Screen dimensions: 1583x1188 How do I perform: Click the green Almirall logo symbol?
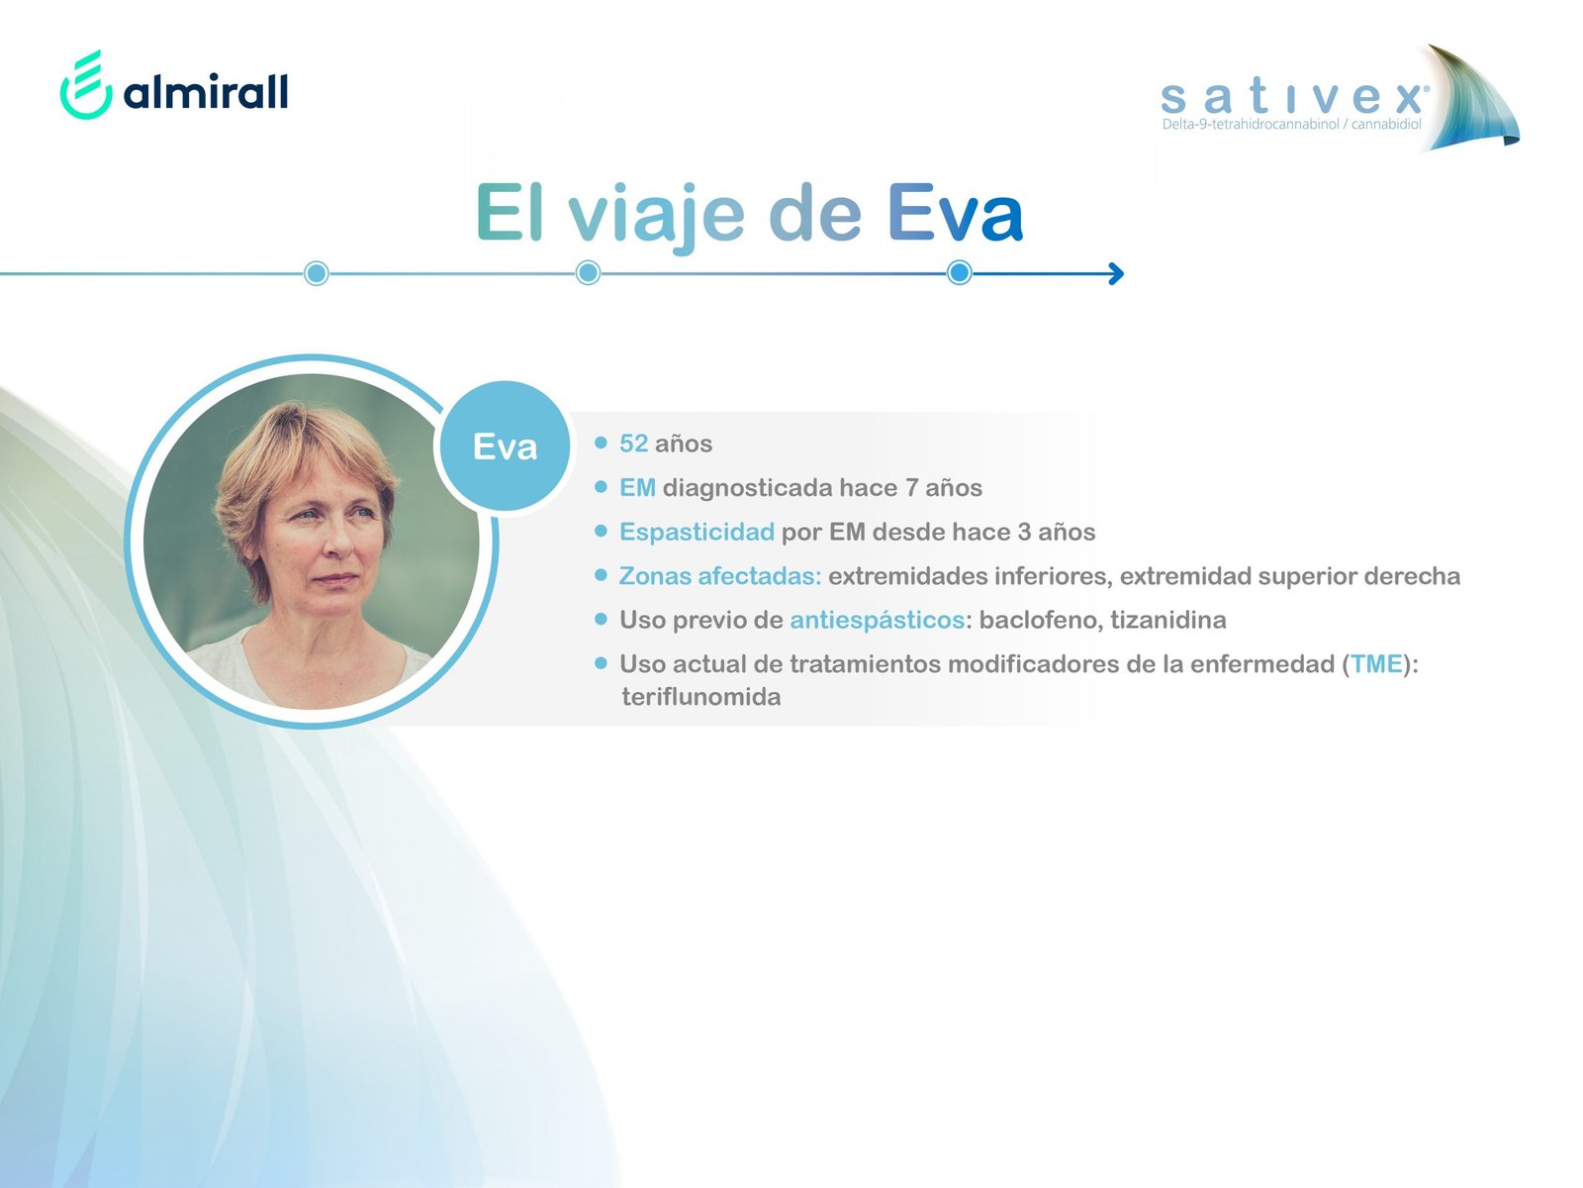[x=86, y=84]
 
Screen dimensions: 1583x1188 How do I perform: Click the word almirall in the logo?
[x=206, y=91]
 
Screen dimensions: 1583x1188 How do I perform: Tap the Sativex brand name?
[x=1294, y=97]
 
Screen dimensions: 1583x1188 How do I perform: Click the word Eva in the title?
[x=955, y=214]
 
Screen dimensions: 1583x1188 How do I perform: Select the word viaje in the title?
[x=656, y=216]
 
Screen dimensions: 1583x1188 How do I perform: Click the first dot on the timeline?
[x=316, y=273]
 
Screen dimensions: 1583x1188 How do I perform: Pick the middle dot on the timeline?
[x=589, y=272]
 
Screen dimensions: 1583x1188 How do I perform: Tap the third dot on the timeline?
[x=959, y=272]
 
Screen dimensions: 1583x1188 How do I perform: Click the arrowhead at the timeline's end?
[x=1116, y=273]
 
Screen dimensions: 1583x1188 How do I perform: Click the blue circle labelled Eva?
[x=505, y=446]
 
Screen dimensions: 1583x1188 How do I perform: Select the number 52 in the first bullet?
[x=633, y=444]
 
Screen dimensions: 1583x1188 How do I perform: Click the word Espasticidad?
[x=697, y=533]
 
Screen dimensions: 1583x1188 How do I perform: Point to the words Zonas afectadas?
[x=719, y=576]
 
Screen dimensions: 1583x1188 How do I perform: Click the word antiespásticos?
[x=877, y=621]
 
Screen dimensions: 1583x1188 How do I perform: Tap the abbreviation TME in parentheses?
[x=1376, y=663]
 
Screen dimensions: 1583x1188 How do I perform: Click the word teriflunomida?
[x=701, y=697]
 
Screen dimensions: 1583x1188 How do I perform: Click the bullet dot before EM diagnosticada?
[x=601, y=487]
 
